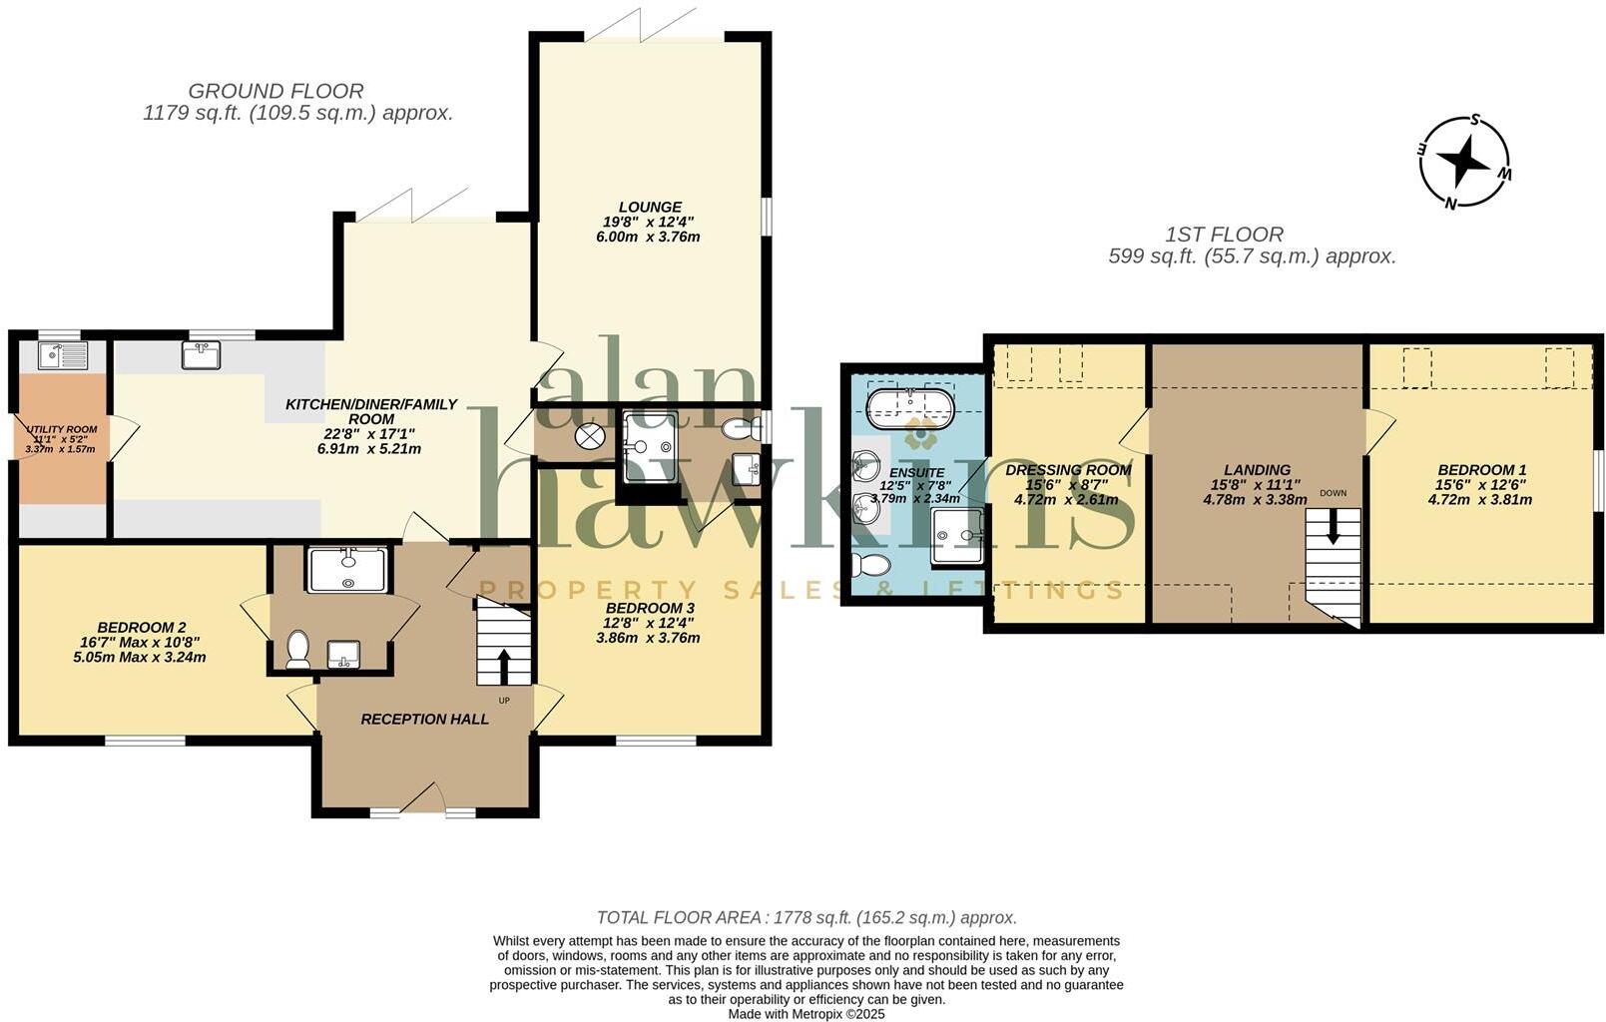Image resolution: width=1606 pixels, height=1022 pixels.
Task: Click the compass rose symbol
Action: (x=1464, y=163)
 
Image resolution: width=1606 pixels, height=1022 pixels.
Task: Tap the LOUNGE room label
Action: (x=650, y=207)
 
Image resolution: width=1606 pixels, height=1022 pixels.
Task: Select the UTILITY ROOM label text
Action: (x=61, y=429)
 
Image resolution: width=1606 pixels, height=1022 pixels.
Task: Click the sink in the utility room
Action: (x=62, y=353)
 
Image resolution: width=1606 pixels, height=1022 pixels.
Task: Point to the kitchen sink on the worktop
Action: (x=201, y=354)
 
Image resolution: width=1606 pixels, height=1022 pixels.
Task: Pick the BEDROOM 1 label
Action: (x=1481, y=470)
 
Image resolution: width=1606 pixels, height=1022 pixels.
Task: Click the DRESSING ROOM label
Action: (x=1068, y=470)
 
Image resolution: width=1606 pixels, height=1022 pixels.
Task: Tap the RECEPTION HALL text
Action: (x=424, y=719)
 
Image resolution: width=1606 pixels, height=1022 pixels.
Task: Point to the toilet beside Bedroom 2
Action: (x=296, y=649)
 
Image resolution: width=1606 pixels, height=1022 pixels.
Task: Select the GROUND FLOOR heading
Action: (x=275, y=92)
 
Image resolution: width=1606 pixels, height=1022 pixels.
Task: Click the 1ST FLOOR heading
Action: (x=1224, y=235)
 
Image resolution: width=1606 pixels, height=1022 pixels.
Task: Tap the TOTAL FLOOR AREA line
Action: (x=806, y=917)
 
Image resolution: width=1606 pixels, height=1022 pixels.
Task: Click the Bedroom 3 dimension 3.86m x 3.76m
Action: (x=648, y=638)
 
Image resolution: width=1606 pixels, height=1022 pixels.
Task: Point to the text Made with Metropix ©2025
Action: (x=806, y=1013)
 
